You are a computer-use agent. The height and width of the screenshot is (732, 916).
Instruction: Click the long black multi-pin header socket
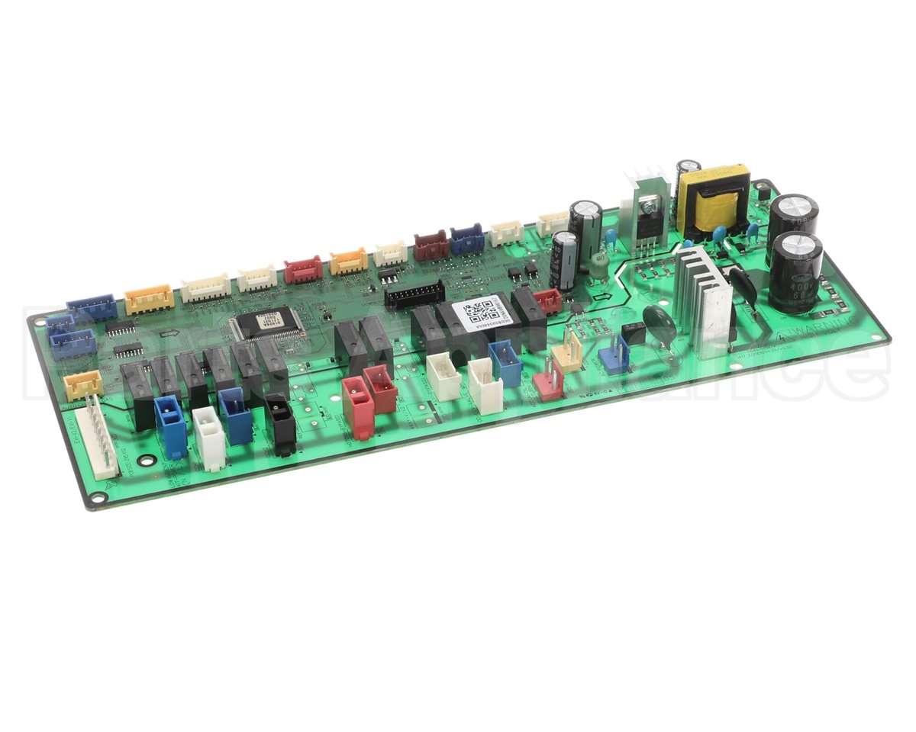pyautogui.click(x=414, y=294)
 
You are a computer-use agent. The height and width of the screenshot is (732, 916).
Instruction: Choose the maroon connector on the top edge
pyautogui.click(x=431, y=246)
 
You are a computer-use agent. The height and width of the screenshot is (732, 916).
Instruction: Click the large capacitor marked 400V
pyautogui.click(x=795, y=272)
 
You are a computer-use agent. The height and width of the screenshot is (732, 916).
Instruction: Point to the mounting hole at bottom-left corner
pyautogui.click(x=97, y=499)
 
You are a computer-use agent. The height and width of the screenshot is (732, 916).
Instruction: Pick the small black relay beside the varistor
pyautogui.click(x=633, y=332)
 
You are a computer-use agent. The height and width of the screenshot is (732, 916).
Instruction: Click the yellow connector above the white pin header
pyautogui.click(x=82, y=384)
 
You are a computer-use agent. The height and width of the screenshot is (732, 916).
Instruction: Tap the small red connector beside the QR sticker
pyautogui.click(x=548, y=300)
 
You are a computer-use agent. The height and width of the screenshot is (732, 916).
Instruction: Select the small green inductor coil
pyautogui.click(x=599, y=262)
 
